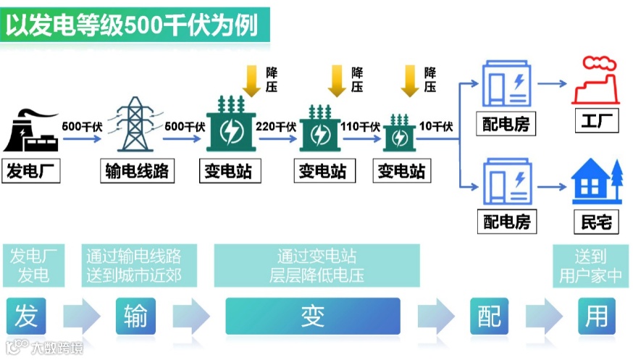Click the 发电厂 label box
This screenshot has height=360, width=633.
coord(32,171)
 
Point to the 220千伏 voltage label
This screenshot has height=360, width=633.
coord(276,126)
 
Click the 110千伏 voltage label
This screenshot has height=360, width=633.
coord(360,126)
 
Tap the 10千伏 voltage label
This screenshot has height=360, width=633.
coord(436,126)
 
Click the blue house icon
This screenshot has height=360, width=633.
coord(596,181)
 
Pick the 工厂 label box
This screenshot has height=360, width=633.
coord(596,122)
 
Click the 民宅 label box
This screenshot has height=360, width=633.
coord(596,221)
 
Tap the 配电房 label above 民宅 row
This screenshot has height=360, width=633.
coord(507,221)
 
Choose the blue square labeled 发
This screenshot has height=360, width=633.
coord(25,317)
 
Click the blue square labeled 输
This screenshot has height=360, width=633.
coord(135,317)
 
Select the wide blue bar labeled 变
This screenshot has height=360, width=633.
coord(312,317)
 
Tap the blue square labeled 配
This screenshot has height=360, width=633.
coord(489,317)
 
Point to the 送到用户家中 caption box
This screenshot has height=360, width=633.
coord(590,265)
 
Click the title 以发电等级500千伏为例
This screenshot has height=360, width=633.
coord(134,25)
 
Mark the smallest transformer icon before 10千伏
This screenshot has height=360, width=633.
coord(399,131)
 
